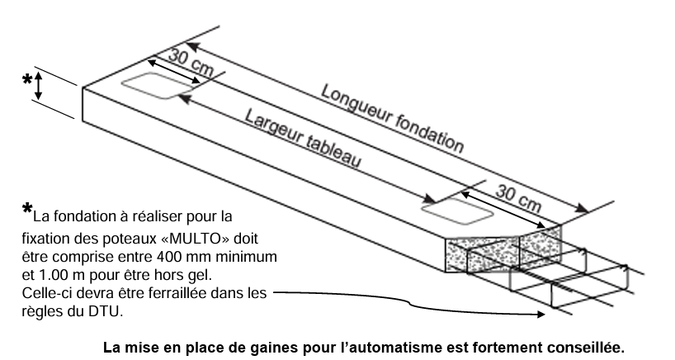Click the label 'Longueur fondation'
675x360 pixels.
pyautogui.click(x=391, y=116)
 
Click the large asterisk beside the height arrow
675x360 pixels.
pyautogui.click(x=26, y=80)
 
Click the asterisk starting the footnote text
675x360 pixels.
pyautogui.click(x=27, y=210)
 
